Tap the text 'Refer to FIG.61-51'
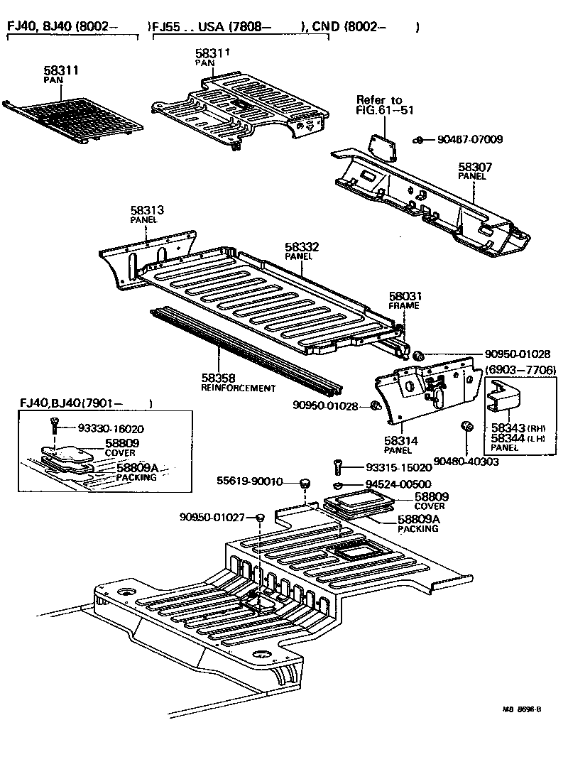[x=384, y=105]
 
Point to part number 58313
[x=147, y=211]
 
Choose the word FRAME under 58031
[x=404, y=305]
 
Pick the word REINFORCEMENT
[x=238, y=388]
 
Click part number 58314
[x=401, y=441]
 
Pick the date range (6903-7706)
[x=520, y=371]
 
